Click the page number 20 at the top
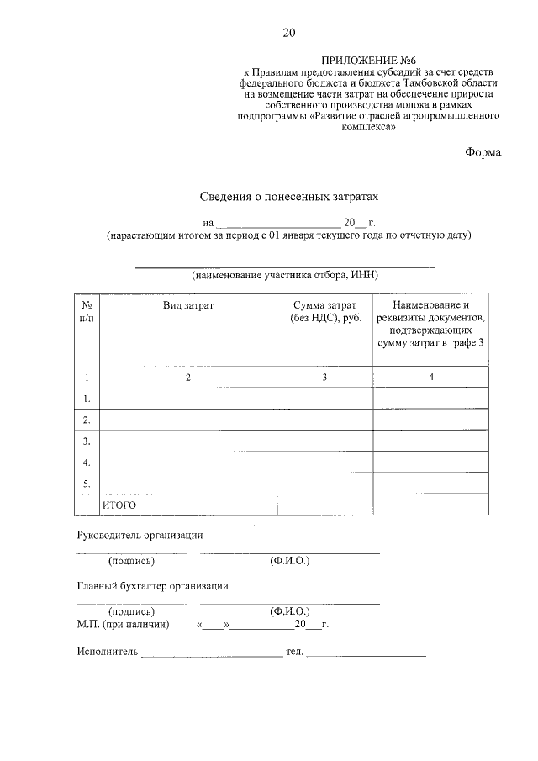click(288, 33)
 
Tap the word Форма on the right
click(483, 152)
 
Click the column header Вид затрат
click(188, 305)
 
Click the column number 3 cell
click(324, 378)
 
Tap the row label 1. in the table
click(86, 398)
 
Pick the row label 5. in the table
click(86, 484)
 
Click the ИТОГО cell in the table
click(119, 505)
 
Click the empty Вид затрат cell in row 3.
click(188, 441)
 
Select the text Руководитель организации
click(140, 535)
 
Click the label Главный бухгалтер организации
click(152, 586)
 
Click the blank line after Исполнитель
click(212, 653)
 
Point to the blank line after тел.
click(367, 653)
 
